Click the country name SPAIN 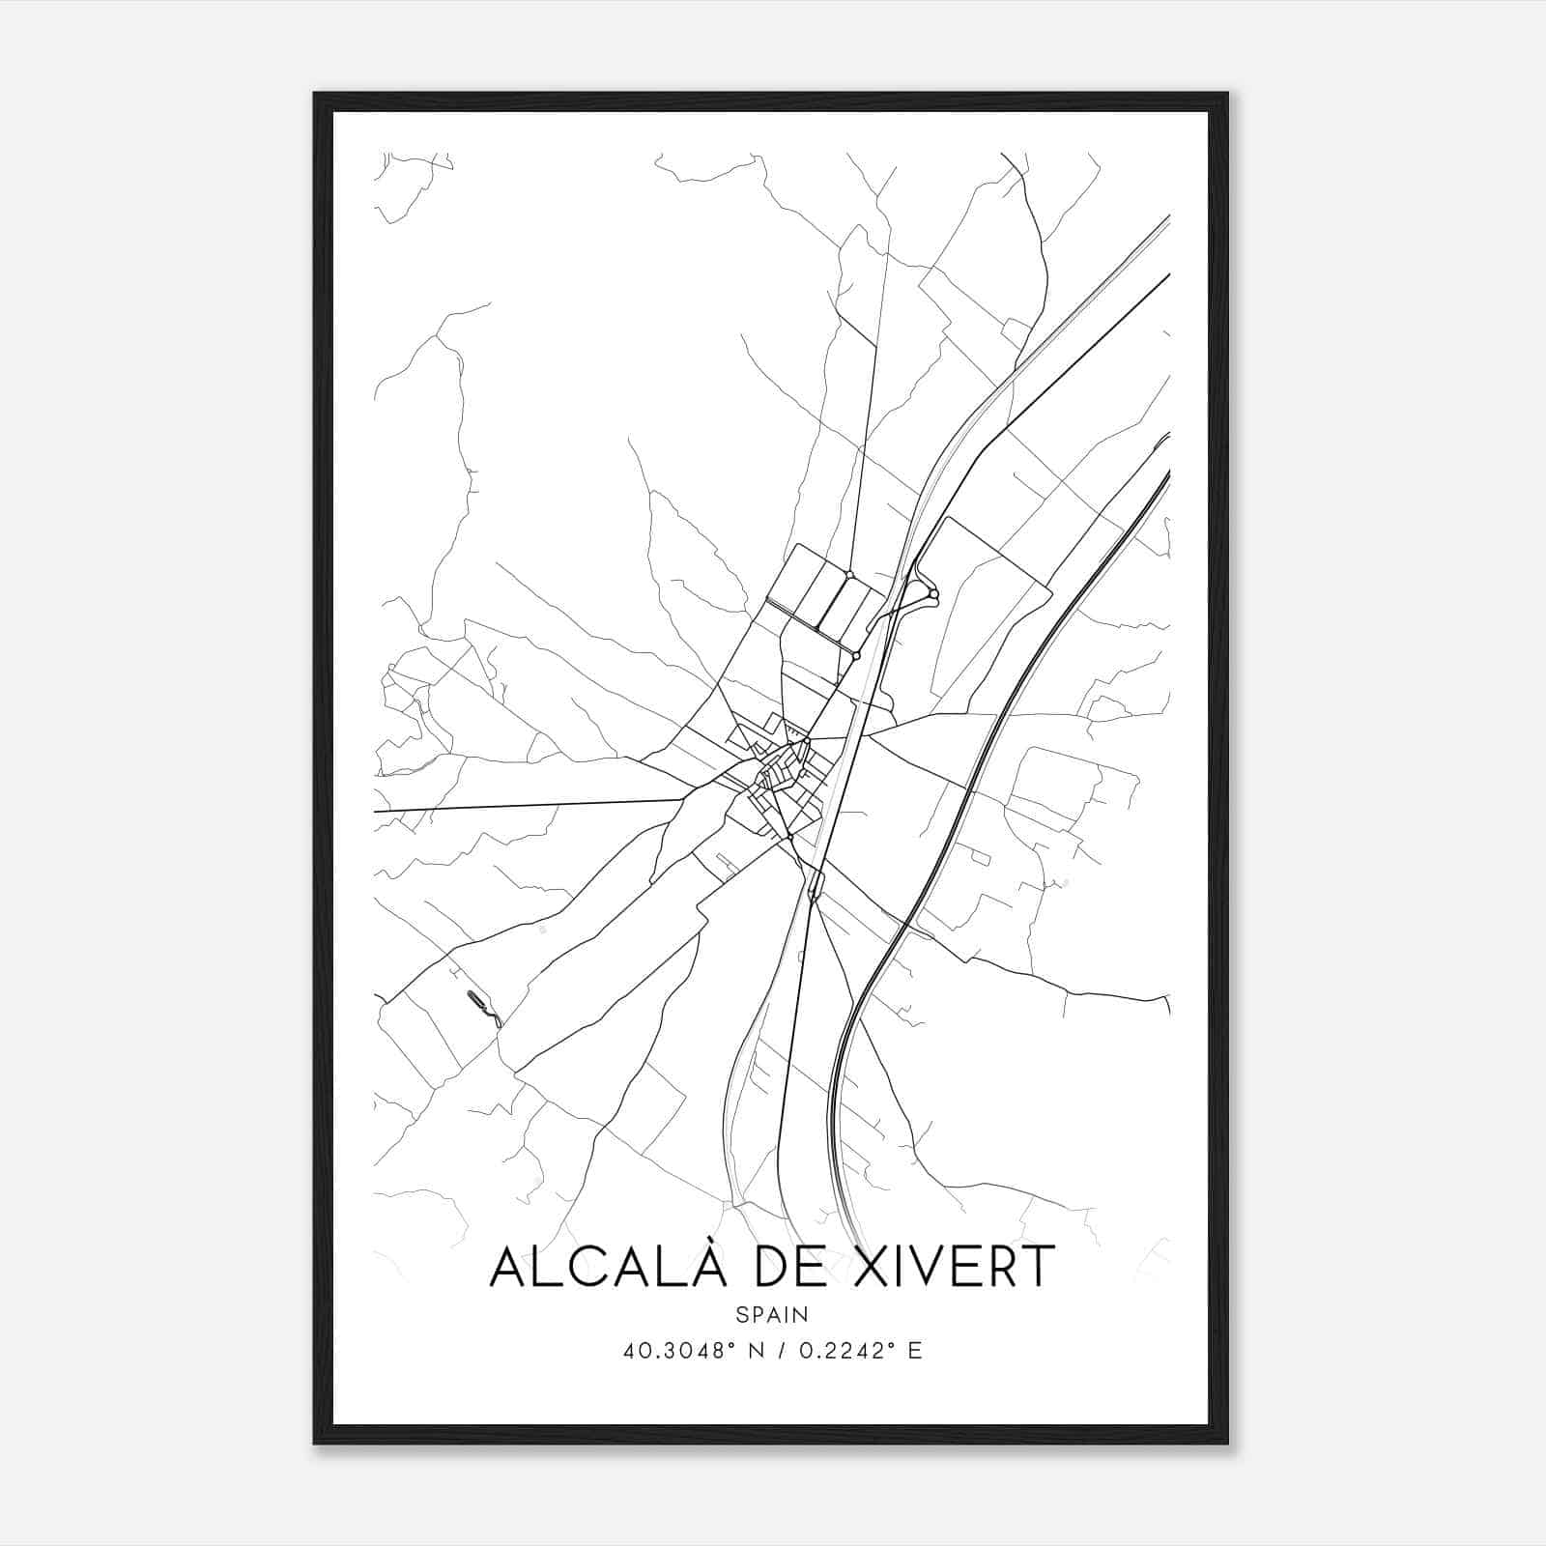pos(772,1315)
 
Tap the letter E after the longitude pos(915,1351)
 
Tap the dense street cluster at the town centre pos(778,773)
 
